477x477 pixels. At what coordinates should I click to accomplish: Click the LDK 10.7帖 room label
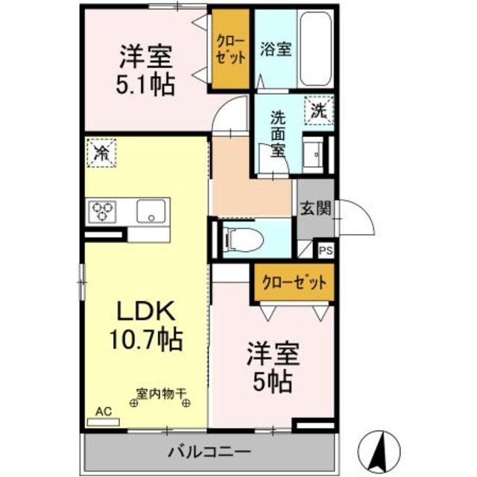tap(146, 326)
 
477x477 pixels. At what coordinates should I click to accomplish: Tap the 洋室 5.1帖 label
tap(145, 70)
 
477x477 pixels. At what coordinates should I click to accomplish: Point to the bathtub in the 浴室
tap(315, 48)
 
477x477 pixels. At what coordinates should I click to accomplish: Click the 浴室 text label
tap(276, 49)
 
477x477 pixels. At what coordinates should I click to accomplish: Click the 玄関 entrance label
tap(316, 209)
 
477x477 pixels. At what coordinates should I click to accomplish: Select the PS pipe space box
tap(326, 251)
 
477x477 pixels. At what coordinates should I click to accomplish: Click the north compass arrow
tap(379, 451)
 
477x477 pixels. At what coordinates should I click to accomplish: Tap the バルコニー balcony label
tap(210, 452)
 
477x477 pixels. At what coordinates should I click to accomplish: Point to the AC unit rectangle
tap(103, 423)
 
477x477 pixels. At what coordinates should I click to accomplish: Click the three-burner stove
tap(102, 212)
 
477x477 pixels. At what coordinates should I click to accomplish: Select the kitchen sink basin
tap(151, 211)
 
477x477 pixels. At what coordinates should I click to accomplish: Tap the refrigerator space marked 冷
tap(101, 153)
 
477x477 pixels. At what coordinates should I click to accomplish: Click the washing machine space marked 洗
tap(319, 110)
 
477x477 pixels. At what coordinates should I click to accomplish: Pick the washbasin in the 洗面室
tap(313, 155)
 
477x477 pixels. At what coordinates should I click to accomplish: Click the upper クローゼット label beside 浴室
tap(230, 49)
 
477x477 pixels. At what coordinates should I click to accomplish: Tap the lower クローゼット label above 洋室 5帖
tap(294, 282)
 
